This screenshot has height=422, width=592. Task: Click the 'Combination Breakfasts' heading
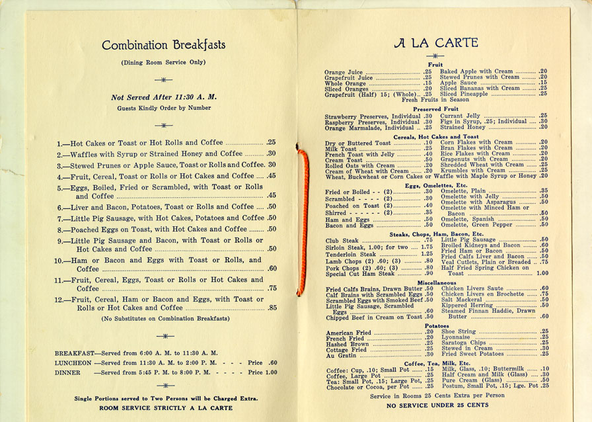click(x=163, y=46)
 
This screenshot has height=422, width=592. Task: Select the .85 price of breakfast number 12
click(x=272, y=308)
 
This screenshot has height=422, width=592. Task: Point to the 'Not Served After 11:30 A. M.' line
click(x=164, y=97)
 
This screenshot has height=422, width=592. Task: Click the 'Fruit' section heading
click(x=435, y=64)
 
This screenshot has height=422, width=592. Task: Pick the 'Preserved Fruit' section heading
click(x=435, y=109)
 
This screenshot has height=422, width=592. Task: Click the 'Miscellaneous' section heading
click(x=435, y=282)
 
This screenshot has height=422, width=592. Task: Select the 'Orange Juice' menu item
click(x=344, y=71)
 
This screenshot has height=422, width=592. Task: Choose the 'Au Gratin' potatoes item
click(x=340, y=355)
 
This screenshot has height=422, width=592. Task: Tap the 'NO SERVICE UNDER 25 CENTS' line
click(x=437, y=405)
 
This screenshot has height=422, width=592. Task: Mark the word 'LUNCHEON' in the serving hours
click(x=73, y=362)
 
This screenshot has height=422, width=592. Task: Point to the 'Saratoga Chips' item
click(x=463, y=343)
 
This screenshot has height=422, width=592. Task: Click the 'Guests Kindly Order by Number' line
click(x=163, y=108)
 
